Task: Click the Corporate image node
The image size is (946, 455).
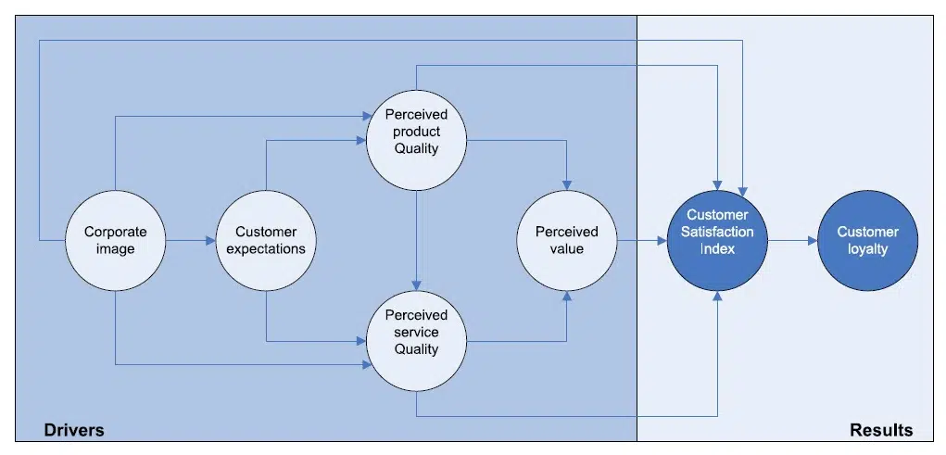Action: coord(115,241)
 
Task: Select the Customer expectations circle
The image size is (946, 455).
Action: coord(265,241)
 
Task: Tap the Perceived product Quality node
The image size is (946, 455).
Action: coord(416,132)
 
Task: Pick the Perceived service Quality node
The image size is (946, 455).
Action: coord(416,333)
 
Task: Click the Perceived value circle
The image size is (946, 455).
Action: coord(566,241)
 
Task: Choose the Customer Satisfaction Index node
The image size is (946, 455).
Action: coord(717,241)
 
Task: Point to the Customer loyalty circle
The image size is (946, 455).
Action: coord(867,241)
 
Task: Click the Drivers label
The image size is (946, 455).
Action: coord(74,430)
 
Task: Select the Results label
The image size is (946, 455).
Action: coord(880,430)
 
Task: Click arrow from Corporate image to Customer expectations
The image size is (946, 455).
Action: coord(190,241)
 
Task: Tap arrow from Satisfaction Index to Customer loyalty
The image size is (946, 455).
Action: coord(792,241)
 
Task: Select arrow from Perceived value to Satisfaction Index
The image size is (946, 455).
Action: coord(641,241)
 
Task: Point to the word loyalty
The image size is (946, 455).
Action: coord(868,249)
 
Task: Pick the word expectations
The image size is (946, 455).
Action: coord(266,249)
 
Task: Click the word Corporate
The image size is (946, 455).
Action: coord(116,233)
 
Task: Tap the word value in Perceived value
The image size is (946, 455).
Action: coord(567,249)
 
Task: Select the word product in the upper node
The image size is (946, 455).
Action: coord(416,132)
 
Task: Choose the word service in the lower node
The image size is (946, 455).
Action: coord(416,333)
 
